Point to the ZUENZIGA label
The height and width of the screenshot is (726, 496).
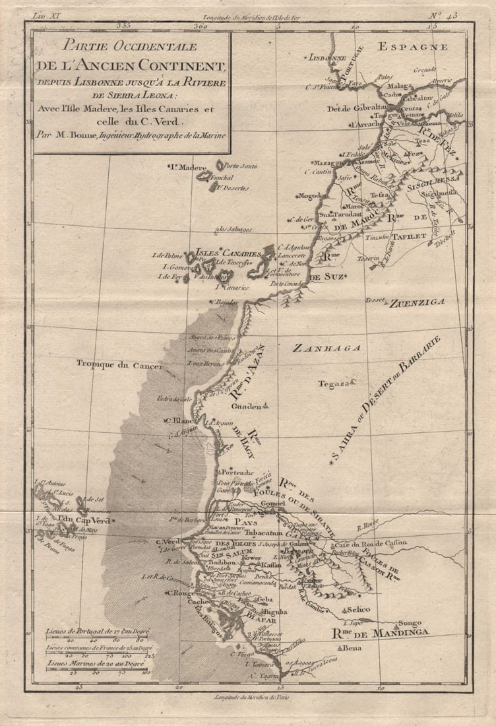click(417, 303)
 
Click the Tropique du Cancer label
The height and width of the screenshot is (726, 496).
click(119, 364)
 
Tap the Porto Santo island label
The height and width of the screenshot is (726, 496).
click(236, 166)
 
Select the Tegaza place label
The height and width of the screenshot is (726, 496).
click(332, 383)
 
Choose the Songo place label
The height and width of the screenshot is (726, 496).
click(409, 622)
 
